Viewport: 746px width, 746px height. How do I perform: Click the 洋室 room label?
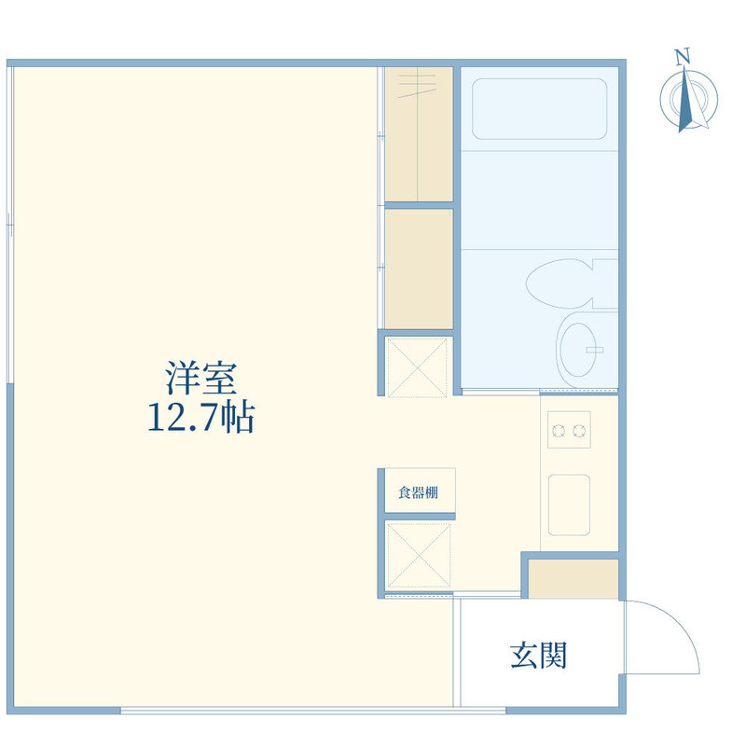click(200, 378)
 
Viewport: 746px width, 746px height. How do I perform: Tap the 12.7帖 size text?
click(200, 418)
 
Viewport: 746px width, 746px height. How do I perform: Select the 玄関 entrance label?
click(538, 656)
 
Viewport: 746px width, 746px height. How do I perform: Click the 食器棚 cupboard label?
click(418, 492)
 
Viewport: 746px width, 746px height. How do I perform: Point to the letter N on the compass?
click(684, 57)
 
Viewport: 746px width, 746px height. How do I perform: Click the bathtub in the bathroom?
click(540, 109)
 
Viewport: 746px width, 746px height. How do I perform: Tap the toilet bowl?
click(559, 283)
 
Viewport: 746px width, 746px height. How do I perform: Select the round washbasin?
click(576, 351)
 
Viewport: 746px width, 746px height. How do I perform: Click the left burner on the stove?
click(559, 431)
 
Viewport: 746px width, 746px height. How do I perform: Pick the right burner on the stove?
click(578, 431)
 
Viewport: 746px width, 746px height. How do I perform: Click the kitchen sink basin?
click(569, 504)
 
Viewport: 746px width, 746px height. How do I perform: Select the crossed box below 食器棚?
click(418, 555)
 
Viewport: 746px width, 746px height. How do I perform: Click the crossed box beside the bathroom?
click(417, 367)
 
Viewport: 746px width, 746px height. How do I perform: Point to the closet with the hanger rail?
click(418, 134)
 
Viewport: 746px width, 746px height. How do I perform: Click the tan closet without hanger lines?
click(418, 269)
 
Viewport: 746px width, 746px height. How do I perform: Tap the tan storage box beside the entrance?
click(573, 578)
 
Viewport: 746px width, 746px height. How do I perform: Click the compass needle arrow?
click(685, 100)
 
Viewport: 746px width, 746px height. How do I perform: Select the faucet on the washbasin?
click(595, 351)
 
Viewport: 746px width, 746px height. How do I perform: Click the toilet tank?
click(605, 283)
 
